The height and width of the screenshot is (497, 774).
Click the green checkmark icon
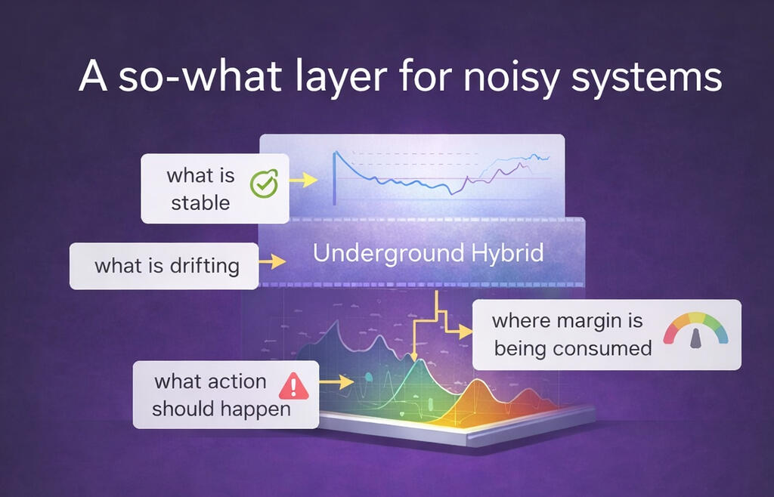[264, 184]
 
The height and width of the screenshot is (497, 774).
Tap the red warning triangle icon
[294, 386]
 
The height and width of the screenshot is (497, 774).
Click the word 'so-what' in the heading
[200, 76]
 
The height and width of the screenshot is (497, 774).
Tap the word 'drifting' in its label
[204, 266]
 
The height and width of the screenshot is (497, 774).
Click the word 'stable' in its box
[200, 203]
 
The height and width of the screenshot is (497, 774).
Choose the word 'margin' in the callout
[586, 322]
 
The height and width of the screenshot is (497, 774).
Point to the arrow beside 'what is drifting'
[272, 261]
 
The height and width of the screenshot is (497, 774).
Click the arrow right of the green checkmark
[302, 181]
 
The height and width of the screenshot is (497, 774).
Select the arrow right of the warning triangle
[336, 381]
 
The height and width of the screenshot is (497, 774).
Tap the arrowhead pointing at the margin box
[466, 332]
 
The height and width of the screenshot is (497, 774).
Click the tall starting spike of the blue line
[335, 177]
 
